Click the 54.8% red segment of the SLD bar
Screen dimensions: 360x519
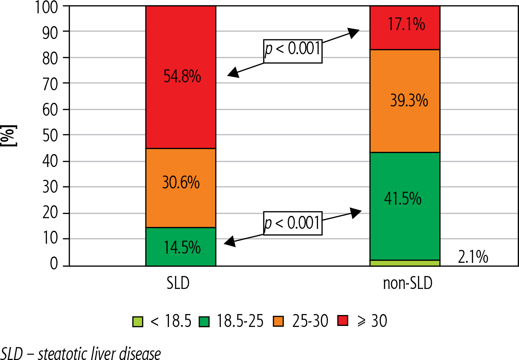tap(181, 77)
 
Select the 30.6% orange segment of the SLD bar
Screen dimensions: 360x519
tap(181, 188)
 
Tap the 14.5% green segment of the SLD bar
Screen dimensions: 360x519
tap(181, 247)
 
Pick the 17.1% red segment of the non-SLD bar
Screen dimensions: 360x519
tap(405, 27)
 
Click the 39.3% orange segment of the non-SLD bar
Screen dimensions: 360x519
tap(405, 101)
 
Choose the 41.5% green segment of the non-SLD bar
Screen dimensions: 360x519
tap(405, 206)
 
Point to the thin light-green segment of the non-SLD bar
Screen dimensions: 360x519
tap(405, 263)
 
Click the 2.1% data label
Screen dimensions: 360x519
tap(473, 257)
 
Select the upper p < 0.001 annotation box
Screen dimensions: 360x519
tap(293, 51)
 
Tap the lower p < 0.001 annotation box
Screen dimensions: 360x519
tap(293, 223)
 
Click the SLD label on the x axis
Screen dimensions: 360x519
tap(178, 283)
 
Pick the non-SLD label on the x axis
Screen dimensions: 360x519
tap(408, 283)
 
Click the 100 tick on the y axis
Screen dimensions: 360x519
tap(47, 7)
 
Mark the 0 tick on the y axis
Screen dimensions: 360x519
tap(54, 264)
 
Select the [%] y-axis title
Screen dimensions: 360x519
tap(8, 136)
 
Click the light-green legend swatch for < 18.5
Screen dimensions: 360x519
tap(138, 321)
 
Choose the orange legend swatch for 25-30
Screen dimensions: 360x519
tap(278, 321)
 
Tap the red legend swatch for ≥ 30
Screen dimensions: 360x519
tap(343, 321)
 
